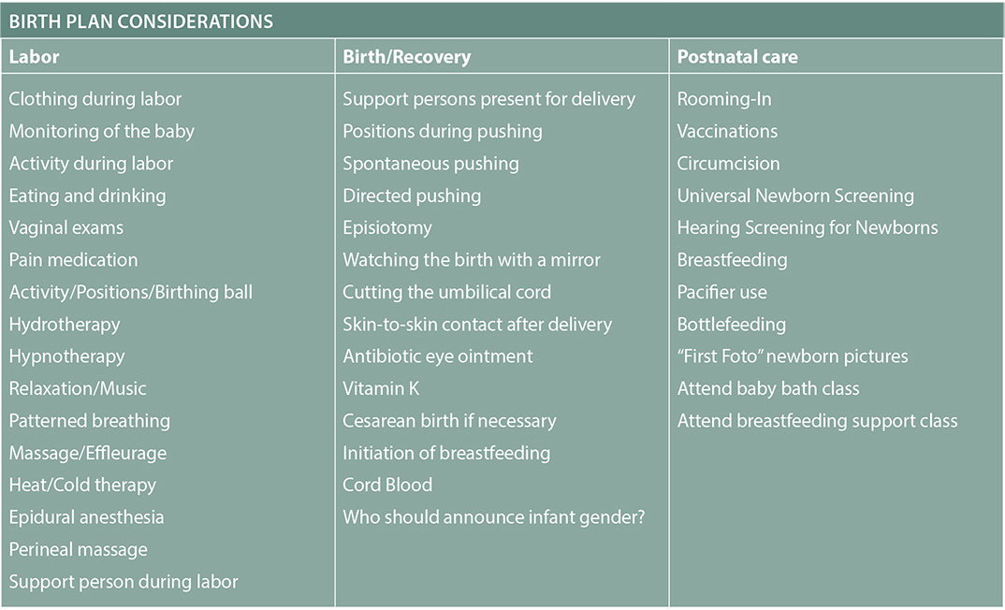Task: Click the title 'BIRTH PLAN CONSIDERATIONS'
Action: coord(141,22)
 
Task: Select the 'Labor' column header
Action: coord(34,57)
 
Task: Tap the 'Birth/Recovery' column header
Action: coord(407,57)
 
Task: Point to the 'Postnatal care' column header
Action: coord(737,57)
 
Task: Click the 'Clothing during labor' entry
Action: coord(95,99)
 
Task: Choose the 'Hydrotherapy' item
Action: coord(65,325)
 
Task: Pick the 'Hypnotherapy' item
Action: coord(67,356)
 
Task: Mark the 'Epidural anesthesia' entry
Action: coord(86,517)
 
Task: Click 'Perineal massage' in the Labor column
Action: coord(79,550)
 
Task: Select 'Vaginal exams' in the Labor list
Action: coord(66,228)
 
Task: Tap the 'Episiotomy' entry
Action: coord(387,228)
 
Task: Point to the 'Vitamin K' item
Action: coord(382,388)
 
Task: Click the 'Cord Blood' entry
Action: coord(387,485)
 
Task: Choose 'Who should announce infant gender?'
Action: coord(494,517)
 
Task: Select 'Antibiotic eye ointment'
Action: coord(438,356)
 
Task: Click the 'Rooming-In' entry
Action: coord(724,99)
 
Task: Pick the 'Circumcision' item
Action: coord(729,164)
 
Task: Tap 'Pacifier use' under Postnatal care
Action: coord(722,292)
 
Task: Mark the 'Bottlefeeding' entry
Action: coord(732,325)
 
